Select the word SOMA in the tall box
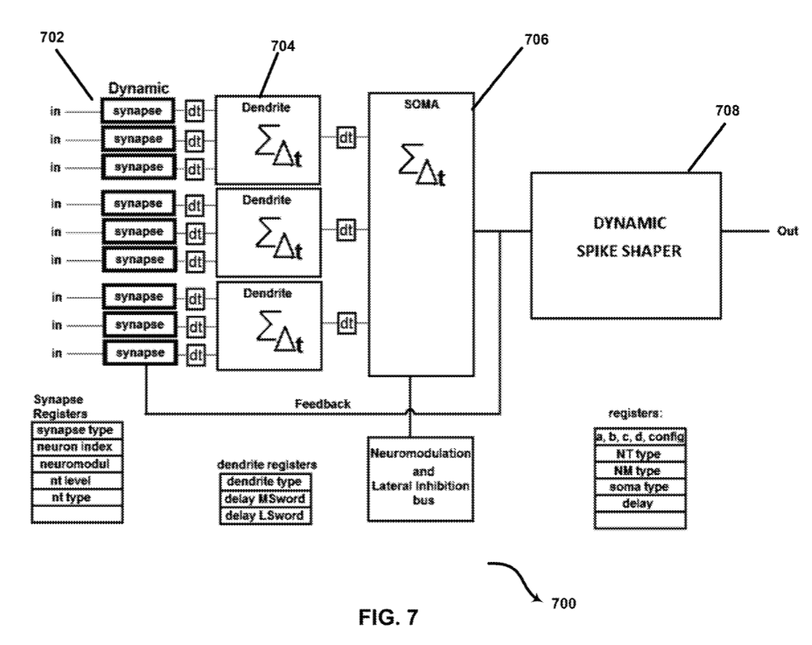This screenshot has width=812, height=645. (x=418, y=103)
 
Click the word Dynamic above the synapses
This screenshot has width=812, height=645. (x=137, y=89)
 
